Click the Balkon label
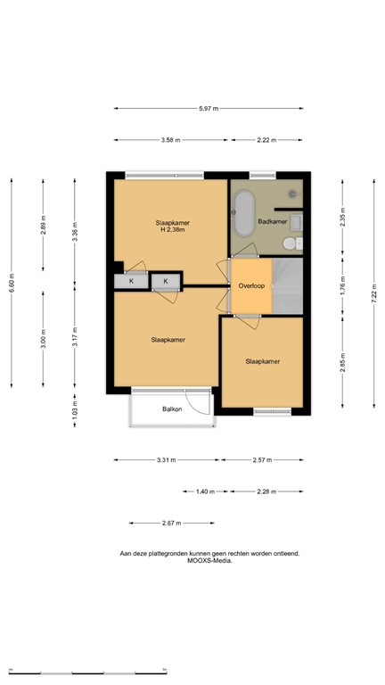172,409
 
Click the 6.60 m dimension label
12,282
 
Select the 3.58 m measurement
171,140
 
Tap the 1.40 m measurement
205,491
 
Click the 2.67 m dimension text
171,523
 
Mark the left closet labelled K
131,282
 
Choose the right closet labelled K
165,282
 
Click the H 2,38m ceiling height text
171,231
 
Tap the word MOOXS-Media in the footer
209,561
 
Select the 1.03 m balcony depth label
75,410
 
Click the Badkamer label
272,221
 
